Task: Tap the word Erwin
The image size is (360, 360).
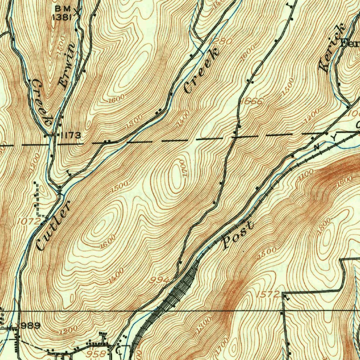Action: tap(67, 65)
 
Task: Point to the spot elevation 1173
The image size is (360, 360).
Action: tap(70, 135)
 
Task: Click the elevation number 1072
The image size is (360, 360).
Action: tap(29, 221)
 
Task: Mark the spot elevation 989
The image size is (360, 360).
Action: tap(31, 326)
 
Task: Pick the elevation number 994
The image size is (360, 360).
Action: tap(159, 280)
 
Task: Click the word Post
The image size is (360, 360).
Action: tap(238, 235)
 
